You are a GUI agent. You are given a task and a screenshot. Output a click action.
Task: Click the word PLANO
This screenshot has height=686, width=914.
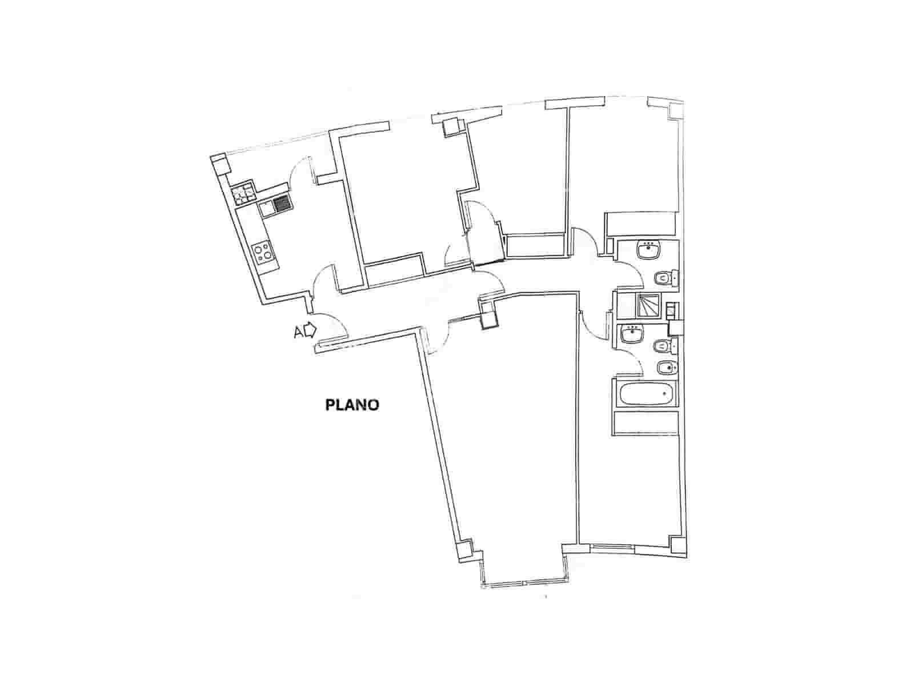pos(352,405)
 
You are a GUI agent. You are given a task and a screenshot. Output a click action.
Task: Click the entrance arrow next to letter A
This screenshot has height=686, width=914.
pos(310,330)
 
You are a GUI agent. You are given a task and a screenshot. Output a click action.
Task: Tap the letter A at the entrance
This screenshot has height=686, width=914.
pos(298,332)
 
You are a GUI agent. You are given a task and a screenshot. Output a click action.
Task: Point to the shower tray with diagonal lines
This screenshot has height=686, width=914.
pos(648,306)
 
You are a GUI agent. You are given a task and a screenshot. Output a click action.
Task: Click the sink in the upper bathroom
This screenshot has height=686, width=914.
pos(648,250)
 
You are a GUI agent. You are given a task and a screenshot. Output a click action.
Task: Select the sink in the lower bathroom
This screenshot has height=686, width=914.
pos(633,333)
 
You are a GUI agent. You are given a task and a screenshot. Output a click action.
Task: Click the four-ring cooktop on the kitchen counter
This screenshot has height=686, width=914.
pos(263,252)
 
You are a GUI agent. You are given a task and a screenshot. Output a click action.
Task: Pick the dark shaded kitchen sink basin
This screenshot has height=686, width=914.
pos(282,204)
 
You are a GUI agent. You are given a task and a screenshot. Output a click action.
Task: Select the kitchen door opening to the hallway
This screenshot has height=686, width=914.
pos(323,280)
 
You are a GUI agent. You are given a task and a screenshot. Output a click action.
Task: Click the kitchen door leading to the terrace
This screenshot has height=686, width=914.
pos(299,174)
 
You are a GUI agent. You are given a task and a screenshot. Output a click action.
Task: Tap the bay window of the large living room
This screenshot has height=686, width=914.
pos(524,583)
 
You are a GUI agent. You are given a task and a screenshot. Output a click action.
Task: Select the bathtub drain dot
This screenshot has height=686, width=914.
pos(666,393)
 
